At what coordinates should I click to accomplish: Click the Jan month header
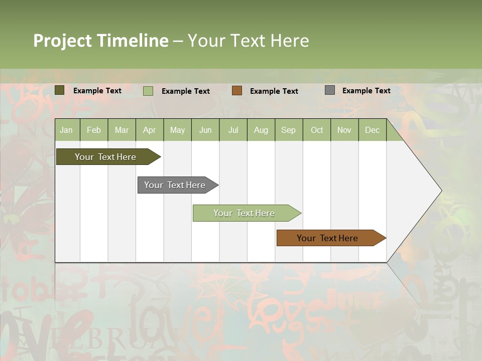point(67,130)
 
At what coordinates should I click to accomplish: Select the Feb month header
point(94,130)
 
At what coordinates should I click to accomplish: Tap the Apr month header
point(150,130)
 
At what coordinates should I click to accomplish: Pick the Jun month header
point(205,130)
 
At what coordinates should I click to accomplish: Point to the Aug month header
point(261,130)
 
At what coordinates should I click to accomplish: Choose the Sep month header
point(289,130)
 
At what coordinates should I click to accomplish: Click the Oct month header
point(317,130)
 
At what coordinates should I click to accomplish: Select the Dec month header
point(373,130)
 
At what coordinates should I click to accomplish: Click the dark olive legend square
point(60,90)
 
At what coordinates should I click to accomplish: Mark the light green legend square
point(148,91)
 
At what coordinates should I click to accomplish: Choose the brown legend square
point(237,91)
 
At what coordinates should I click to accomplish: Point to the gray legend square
point(330,90)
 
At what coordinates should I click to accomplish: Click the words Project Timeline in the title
point(101,41)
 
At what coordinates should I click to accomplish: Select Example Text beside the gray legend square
point(367,91)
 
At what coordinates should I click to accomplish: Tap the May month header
point(177,130)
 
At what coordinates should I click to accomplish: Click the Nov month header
point(344,130)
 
